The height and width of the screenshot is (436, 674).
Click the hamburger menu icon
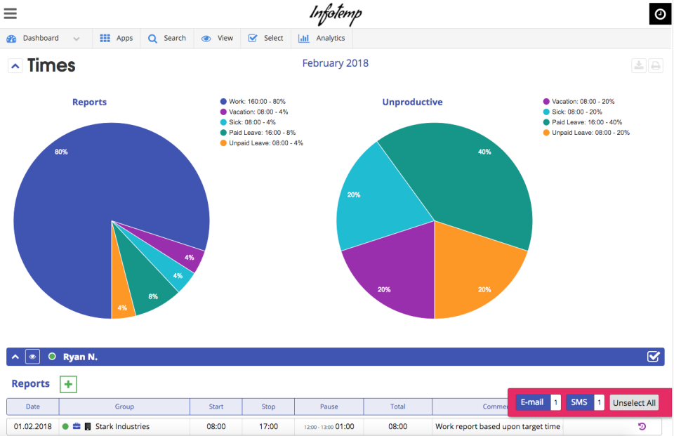click(11, 13)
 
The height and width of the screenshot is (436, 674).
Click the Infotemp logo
click(336, 14)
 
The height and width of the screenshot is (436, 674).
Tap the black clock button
click(660, 14)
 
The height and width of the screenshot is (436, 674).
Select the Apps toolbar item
click(116, 39)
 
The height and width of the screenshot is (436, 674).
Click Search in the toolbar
click(166, 39)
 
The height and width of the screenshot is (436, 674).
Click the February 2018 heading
click(335, 63)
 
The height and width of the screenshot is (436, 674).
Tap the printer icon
click(655, 66)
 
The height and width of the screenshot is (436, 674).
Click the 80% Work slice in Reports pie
click(77, 211)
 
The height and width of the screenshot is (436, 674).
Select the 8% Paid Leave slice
click(151, 291)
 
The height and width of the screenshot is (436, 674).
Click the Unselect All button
click(634, 402)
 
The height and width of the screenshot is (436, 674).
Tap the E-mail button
click(531, 402)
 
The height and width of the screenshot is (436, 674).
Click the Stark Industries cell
click(122, 426)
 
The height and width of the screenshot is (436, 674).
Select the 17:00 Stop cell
click(268, 426)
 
